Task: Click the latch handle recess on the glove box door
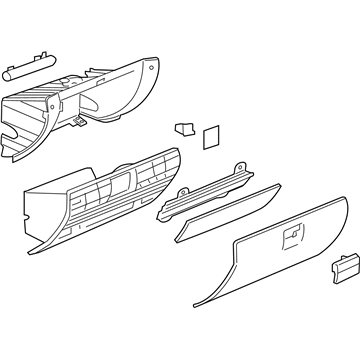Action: click(x=297, y=236)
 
